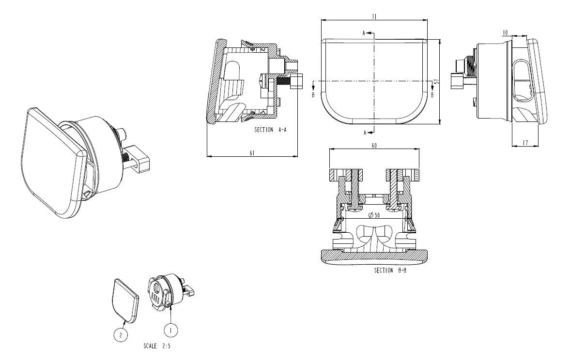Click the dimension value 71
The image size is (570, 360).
point(374,16)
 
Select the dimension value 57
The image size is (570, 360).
point(436,82)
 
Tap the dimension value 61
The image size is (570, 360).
point(252,153)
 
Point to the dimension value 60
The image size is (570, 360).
point(374,145)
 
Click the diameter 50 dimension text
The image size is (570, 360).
point(374,215)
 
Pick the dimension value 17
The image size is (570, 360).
point(525,142)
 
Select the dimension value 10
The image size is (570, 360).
point(505,32)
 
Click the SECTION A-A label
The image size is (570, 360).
point(270,130)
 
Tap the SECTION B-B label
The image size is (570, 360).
point(390,270)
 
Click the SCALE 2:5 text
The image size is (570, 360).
point(157,346)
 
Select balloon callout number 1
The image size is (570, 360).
point(170,330)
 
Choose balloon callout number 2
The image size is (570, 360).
point(121,334)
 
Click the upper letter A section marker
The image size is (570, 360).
point(364,33)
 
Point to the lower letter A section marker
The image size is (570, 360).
point(364,133)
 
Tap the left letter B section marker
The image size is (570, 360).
point(313,95)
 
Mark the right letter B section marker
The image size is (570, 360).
point(432,95)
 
